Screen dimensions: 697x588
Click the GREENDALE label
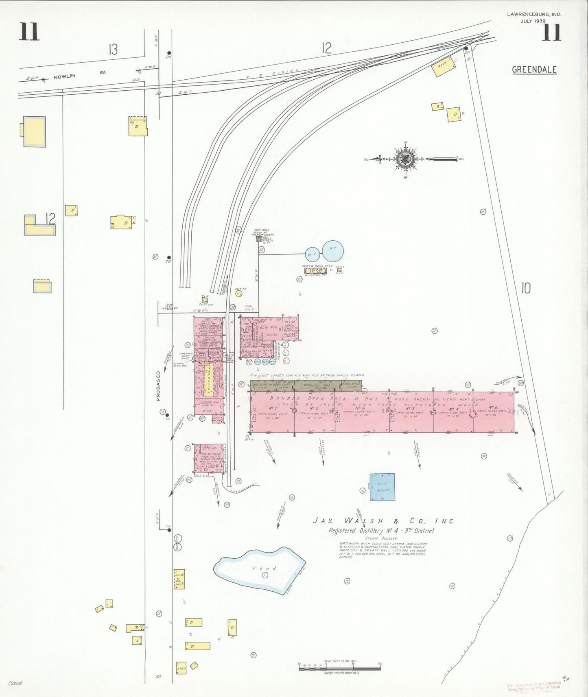click(x=534, y=70)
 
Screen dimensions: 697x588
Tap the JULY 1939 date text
click(x=533, y=21)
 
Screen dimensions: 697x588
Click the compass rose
click(x=406, y=159)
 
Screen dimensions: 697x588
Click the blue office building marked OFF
click(x=382, y=487)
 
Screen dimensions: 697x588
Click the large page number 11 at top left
click(x=29, y=32)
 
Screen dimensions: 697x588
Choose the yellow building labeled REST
click(x=443, y=66)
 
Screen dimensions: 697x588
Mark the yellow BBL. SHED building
click(x=179, y=579)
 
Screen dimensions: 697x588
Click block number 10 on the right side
click(x=526, y=288)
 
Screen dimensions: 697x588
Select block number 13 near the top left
click(x=113, y=50)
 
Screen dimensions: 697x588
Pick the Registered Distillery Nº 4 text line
click(x=382, y=531)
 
